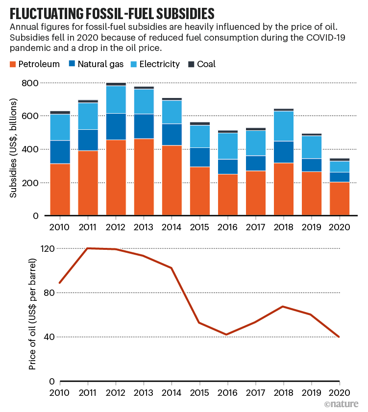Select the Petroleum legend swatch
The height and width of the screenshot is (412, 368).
point(13,64)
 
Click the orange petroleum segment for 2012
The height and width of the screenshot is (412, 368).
point(116,177)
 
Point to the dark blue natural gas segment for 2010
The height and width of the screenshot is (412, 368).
point(60,152)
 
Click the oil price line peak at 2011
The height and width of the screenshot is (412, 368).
point(88,248)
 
